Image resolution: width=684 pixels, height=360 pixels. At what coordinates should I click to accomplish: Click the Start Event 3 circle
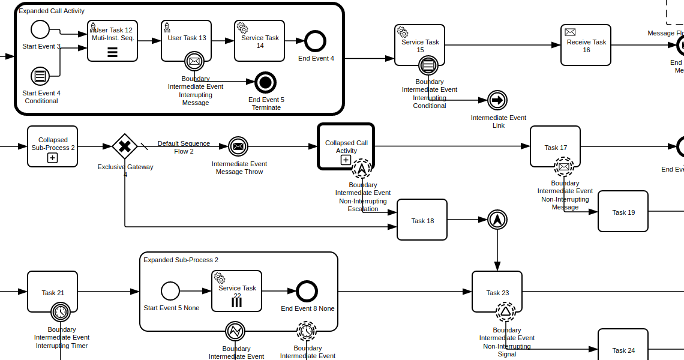pyautogui.click(x=40, y=29)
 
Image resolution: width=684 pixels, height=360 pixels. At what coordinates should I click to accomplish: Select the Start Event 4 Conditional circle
pyautogui.click(x=40, y=76)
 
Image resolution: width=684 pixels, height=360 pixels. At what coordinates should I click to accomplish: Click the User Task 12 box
pyautogui.click(x=112, y=41)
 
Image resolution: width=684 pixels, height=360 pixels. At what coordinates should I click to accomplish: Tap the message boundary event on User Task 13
pyautogui.click(x=194, y=61)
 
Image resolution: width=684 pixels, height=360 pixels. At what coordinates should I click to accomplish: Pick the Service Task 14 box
pyautogui.click(x=259, y=41)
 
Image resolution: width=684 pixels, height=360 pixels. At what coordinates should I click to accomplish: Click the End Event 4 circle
pyautogui.click(x=315, y=41)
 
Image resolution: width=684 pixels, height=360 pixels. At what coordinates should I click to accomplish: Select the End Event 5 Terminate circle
pyautogui.click(x=265, y=83)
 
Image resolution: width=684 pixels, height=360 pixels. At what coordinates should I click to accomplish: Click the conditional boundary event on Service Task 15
pyautogui.click(x=428, y=65)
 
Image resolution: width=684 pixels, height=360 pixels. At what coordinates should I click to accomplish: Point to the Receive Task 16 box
pyautogui.click(x=586, y=45)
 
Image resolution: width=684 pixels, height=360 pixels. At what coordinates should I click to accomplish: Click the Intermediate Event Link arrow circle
pyautogui.click(x=497, y=100)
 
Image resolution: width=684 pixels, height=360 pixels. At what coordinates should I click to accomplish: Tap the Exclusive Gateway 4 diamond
pyautogui.click(x=125, y=146)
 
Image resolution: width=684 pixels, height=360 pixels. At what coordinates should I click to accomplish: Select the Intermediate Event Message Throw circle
pyautogui.click(x=238, y=146)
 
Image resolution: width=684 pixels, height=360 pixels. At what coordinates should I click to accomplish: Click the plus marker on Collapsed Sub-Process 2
pyautogui.click(x=52, y=158)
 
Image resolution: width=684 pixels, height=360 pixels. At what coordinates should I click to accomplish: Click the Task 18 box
pyautogui.click(x=422, y=220)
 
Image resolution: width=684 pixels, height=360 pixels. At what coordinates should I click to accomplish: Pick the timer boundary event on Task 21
pyautogui.click(x=61, y=312)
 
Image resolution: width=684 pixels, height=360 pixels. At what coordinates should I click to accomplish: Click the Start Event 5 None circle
pyautogui.click(x=170, y=291)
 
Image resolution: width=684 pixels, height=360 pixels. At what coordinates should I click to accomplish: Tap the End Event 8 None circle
pyautogui.click(x=307, y=291)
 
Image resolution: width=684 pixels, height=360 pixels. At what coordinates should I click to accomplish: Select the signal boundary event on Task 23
pyautogui.click(x=506, y=311)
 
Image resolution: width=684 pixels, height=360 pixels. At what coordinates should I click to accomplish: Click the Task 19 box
pyautogui.click(x=623, y=211)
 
